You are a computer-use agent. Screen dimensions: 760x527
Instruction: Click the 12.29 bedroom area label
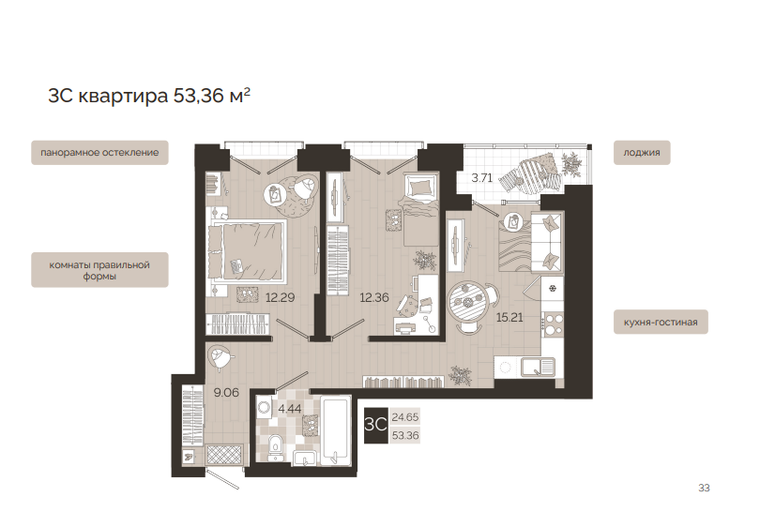tap(281, 297)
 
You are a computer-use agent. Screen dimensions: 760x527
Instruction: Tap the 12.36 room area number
tap(374, 297)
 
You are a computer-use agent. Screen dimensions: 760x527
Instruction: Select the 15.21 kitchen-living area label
tap(509, 317)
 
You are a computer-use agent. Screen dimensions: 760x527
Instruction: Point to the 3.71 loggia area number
tap(481, 178)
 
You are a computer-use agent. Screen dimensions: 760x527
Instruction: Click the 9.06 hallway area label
tap(226, 392)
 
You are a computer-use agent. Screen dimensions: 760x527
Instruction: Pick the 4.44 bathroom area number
tap(289, 409)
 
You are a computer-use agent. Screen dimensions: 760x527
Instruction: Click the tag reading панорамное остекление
tap(99, 153)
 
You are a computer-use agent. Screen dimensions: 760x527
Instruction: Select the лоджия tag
tap(642, 153)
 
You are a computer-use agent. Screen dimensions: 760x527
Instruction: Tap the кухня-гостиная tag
tap(661, 323)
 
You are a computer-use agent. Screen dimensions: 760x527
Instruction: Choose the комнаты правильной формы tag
tap(99, 270)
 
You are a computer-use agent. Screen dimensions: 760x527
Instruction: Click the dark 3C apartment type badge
tap(376, 425)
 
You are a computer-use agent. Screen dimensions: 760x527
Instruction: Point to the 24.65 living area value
tap(405, 416)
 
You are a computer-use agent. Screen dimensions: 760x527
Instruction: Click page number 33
tap(704, 488)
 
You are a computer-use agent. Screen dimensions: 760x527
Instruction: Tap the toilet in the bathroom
tap(275, 446)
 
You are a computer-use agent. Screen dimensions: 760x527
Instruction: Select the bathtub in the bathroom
tap(336, 431)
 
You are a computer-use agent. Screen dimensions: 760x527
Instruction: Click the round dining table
tap(467, 303)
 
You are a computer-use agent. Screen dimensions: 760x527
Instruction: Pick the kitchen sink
tap(538, 368)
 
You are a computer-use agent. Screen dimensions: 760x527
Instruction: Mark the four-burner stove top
tap(553, 324)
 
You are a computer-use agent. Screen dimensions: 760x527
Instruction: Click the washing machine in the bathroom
tap(265, 407)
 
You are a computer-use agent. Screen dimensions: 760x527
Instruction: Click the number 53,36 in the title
tap(199, 96)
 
